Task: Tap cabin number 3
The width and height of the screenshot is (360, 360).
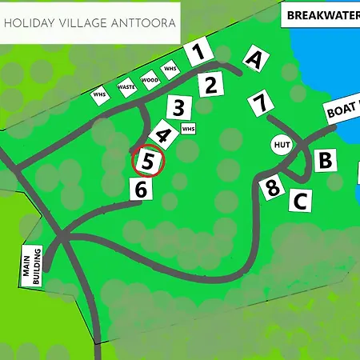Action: pyautogui.click(x=180, y=108)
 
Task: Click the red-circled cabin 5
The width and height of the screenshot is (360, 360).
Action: pyautogui.click(x=147, y=162)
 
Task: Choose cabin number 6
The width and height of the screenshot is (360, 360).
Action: pyautogui.click(x=141, y=190)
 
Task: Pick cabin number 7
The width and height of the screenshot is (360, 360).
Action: pyautogui.click(x=259, y=104)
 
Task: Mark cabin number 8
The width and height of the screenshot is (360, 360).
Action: pyautogui.click(x=273, y=188)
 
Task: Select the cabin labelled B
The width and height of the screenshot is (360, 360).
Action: pyautogui.click(x=324, y=161)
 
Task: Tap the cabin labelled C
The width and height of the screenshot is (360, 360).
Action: pyautogui.click(x=300, y=200)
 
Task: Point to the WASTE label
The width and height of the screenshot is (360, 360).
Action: pyautogui.click(x=126, y=86)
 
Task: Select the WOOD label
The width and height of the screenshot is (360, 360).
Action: pyautogui.click(x=149, y=78)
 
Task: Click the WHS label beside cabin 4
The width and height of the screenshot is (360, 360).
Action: pyautogui.click(x=188, y=128)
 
